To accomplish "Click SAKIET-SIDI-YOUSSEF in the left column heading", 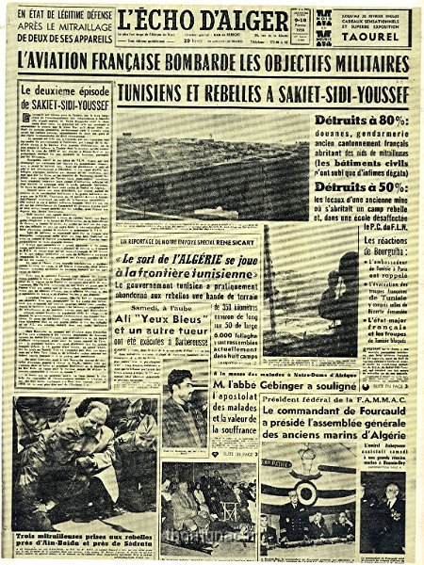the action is [x=62, y=104].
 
